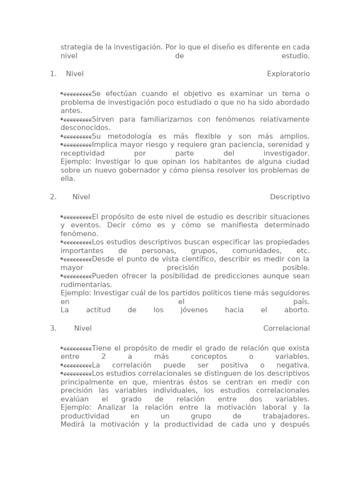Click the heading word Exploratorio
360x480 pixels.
point(288,74)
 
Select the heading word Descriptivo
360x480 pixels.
point(290,197)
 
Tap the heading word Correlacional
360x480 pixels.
point(286,329)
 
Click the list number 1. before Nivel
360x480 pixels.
point(53,74)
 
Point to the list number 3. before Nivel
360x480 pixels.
point(53,329)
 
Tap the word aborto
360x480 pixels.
point(297,310)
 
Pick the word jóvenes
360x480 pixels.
point(194,310)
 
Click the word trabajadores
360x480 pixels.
point(286,416)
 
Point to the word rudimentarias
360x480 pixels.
point(86,285)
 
